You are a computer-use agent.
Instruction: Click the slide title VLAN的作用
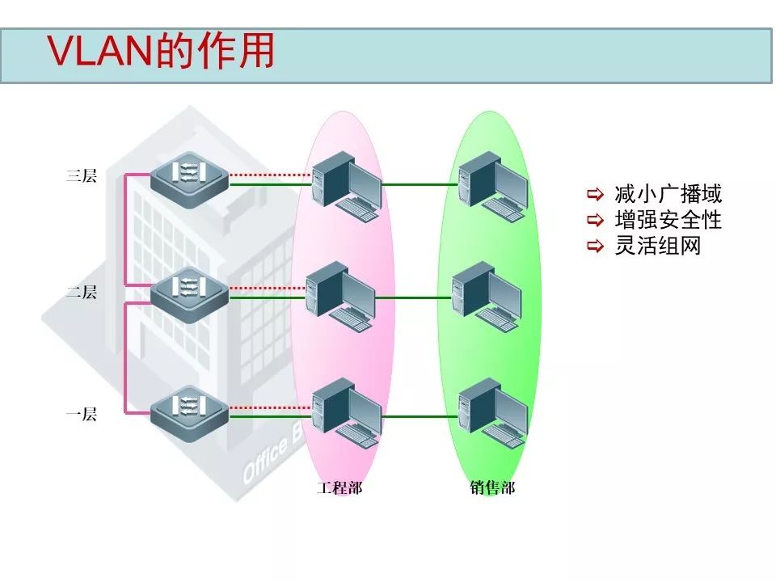(162, 53)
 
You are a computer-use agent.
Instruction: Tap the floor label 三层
(82, 175)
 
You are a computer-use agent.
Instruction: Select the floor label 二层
(82, 293)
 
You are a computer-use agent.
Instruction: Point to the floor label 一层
(82, 415)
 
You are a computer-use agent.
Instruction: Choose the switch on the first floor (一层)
(190, 411)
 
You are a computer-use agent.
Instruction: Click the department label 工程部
(339, 488)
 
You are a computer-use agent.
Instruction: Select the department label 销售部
(492, 488)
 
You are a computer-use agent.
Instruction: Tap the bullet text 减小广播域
(668, 194)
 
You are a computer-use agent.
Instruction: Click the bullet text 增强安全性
(668, 220)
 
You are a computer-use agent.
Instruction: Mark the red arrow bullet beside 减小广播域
(596, 194)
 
